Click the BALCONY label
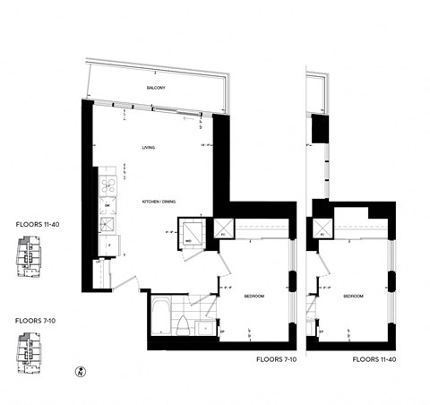pos(159,88)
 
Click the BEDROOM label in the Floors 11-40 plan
pos(352,297)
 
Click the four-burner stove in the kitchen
pos(107,184)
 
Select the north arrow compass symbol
pos(82,369)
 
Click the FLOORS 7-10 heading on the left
pos(37,319)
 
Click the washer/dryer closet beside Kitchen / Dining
pos(191,236)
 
